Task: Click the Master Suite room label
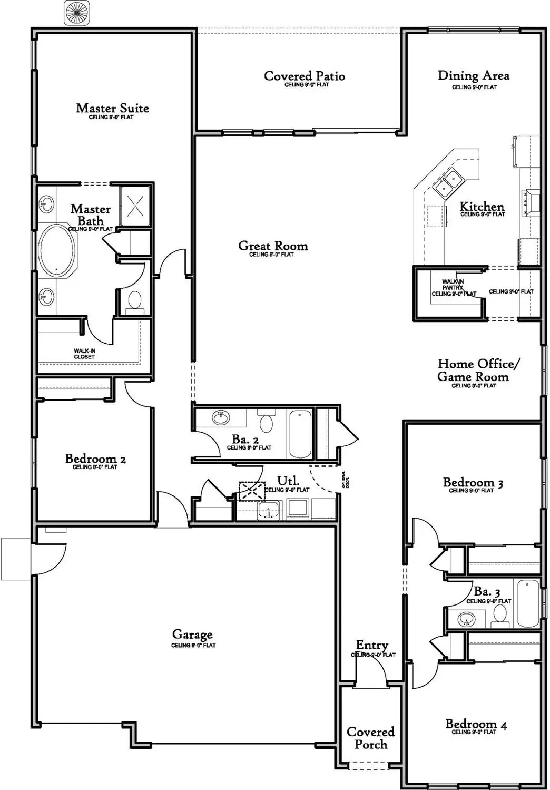[x=112, y=108]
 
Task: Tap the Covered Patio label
[x=305, y=76]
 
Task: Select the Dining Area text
[x=473, y=76]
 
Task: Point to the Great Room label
[x=272, y=246]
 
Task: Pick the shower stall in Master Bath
[x=135, y=206]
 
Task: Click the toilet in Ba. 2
[x=267, y=423]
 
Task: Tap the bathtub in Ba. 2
[x=300, y=433]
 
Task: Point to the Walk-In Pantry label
[x=453, y=288]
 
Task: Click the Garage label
[x=192, y=635]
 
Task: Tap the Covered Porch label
[x=370, y=738]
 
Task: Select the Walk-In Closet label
[x=84, y=354]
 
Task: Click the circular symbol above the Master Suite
[x=77, y=13]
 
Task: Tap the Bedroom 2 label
[x=95, y=459]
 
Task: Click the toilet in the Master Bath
[x=135, y=300]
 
